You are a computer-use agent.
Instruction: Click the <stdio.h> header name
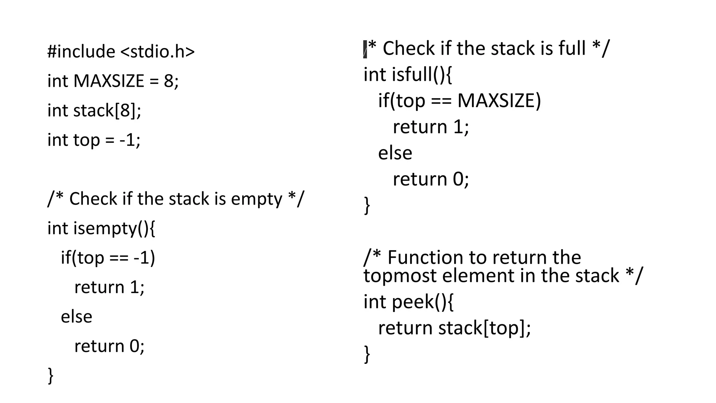pyautogui.click(x=157, y=52)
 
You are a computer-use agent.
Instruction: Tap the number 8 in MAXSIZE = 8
pyautogui.click(x=169, y=81)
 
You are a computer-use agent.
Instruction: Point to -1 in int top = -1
pyautogui.click(x=127, y=140)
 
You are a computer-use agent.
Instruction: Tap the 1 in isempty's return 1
pyautogui.click(x=135, y=288)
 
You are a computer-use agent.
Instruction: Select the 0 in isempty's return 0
pyautogui.click(x=135, y=346)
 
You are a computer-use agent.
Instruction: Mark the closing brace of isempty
pyautogui.click(x=51, y=376)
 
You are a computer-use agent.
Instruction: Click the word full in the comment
pyautogui.click(x=572, y=48)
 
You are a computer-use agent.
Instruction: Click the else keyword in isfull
pyautogui.click(x=395, y=153)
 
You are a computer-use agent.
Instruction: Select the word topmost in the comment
pyautogui.click(x=401, y=276)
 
